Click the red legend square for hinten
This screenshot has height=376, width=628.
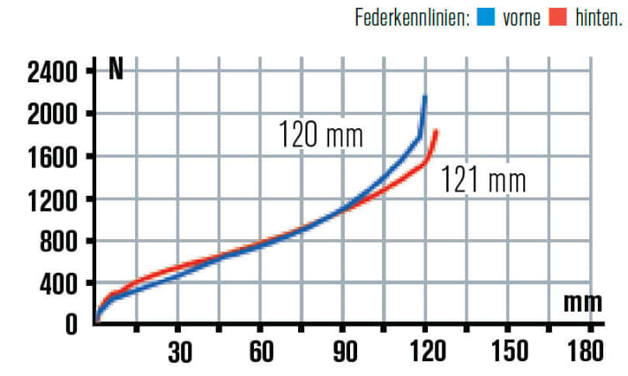[x=556, y=18]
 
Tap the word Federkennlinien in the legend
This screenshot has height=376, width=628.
[x=410, y=18]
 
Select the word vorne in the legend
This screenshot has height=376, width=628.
[x=521, y=18]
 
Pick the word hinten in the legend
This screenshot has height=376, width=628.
[x=596, y=18]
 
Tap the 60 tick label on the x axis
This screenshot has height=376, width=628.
[x=261, y=351]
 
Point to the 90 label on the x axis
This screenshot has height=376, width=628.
[x=344, y=351]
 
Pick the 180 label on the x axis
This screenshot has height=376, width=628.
[x=586, y=351]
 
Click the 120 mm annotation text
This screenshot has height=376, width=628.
[x=321, y=137]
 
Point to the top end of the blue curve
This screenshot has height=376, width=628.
[x=425, y=97]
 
